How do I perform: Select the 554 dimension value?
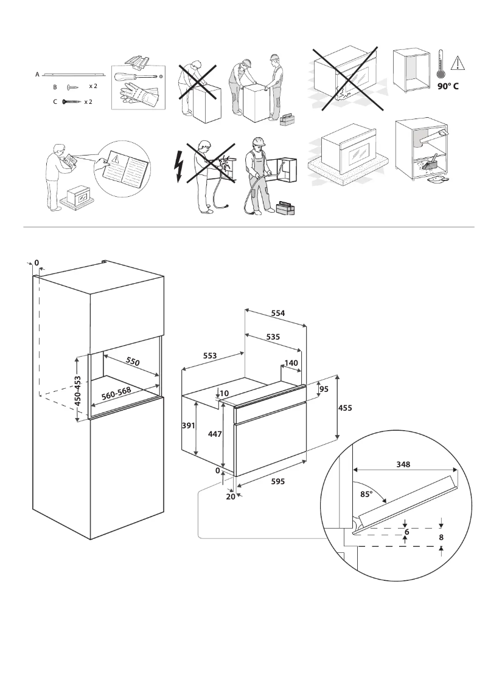point(278,313)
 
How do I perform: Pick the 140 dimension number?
point(291,362)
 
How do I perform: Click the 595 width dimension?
point(277,480)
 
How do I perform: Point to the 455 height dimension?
point(346,408)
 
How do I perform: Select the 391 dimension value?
point(189,426)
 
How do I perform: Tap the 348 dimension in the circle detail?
point(402,464)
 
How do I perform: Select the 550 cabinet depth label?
point(133,361)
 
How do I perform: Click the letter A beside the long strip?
point(37,74)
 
